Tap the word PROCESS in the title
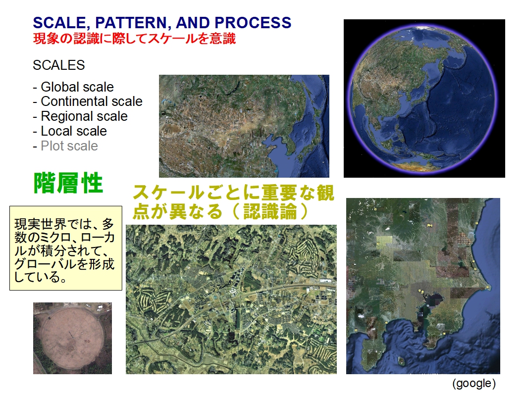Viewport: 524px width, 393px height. click(253, 23)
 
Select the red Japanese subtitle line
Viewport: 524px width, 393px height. click(134, 39)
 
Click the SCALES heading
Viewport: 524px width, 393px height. click(59, 65)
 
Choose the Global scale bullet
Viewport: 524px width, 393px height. click(73, 87)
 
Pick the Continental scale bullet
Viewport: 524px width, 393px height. click(88, 101)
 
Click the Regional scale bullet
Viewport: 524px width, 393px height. click(80, 116)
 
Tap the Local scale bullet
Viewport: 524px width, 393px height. click(70, 131)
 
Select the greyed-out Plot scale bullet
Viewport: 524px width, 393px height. click(65, 146)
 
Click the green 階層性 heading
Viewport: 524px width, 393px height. click(68, 183)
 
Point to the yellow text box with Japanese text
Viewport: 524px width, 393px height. click(66, 248)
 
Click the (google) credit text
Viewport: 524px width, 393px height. click(474, 383)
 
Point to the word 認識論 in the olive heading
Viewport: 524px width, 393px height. click(270, 211)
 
